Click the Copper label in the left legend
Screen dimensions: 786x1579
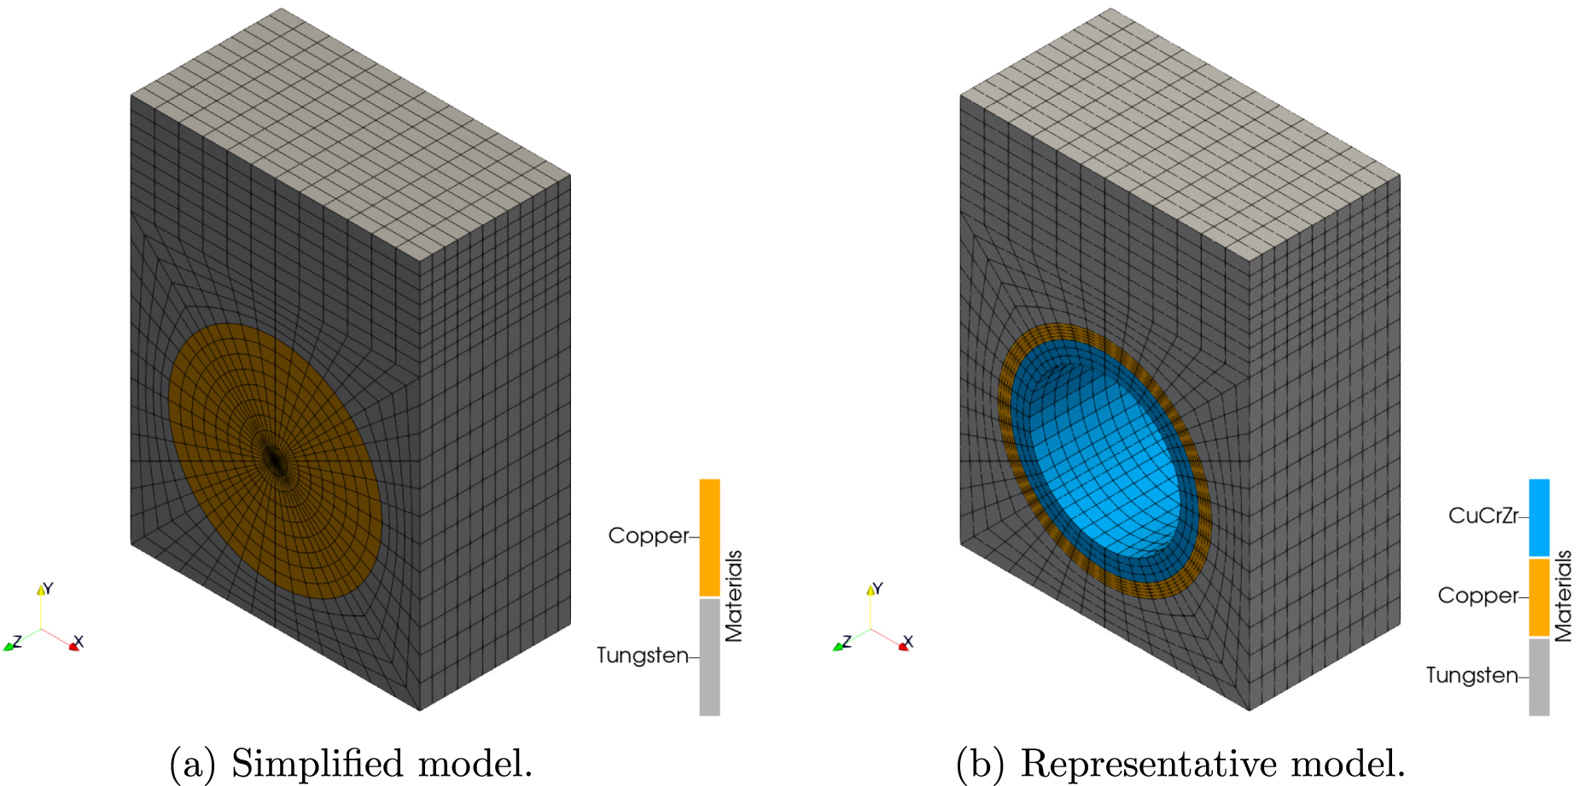coord(648,536)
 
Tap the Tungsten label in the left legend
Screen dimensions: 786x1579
coord(642,655)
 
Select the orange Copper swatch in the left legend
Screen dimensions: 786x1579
coord(709,537)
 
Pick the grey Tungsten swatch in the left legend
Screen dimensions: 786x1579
coord(709,656)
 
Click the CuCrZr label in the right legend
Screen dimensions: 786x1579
coord(1483,515)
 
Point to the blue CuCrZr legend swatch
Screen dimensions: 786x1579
coord(1539,517)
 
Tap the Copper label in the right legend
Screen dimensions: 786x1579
coord(1477,596)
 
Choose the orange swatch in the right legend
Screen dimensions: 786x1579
coord(1539,597)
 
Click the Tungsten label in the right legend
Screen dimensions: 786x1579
coord(1471,675)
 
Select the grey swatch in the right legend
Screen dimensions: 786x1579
coord(1539,677)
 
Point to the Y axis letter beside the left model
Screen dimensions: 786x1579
coord(49,588)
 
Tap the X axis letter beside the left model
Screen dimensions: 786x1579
coord(79,641)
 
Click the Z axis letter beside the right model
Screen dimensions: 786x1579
coord(847,641)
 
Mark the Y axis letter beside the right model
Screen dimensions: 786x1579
coord(878,588)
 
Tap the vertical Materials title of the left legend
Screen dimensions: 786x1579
coord(734,596)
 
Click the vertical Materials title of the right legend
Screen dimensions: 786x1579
coord(1564,596)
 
